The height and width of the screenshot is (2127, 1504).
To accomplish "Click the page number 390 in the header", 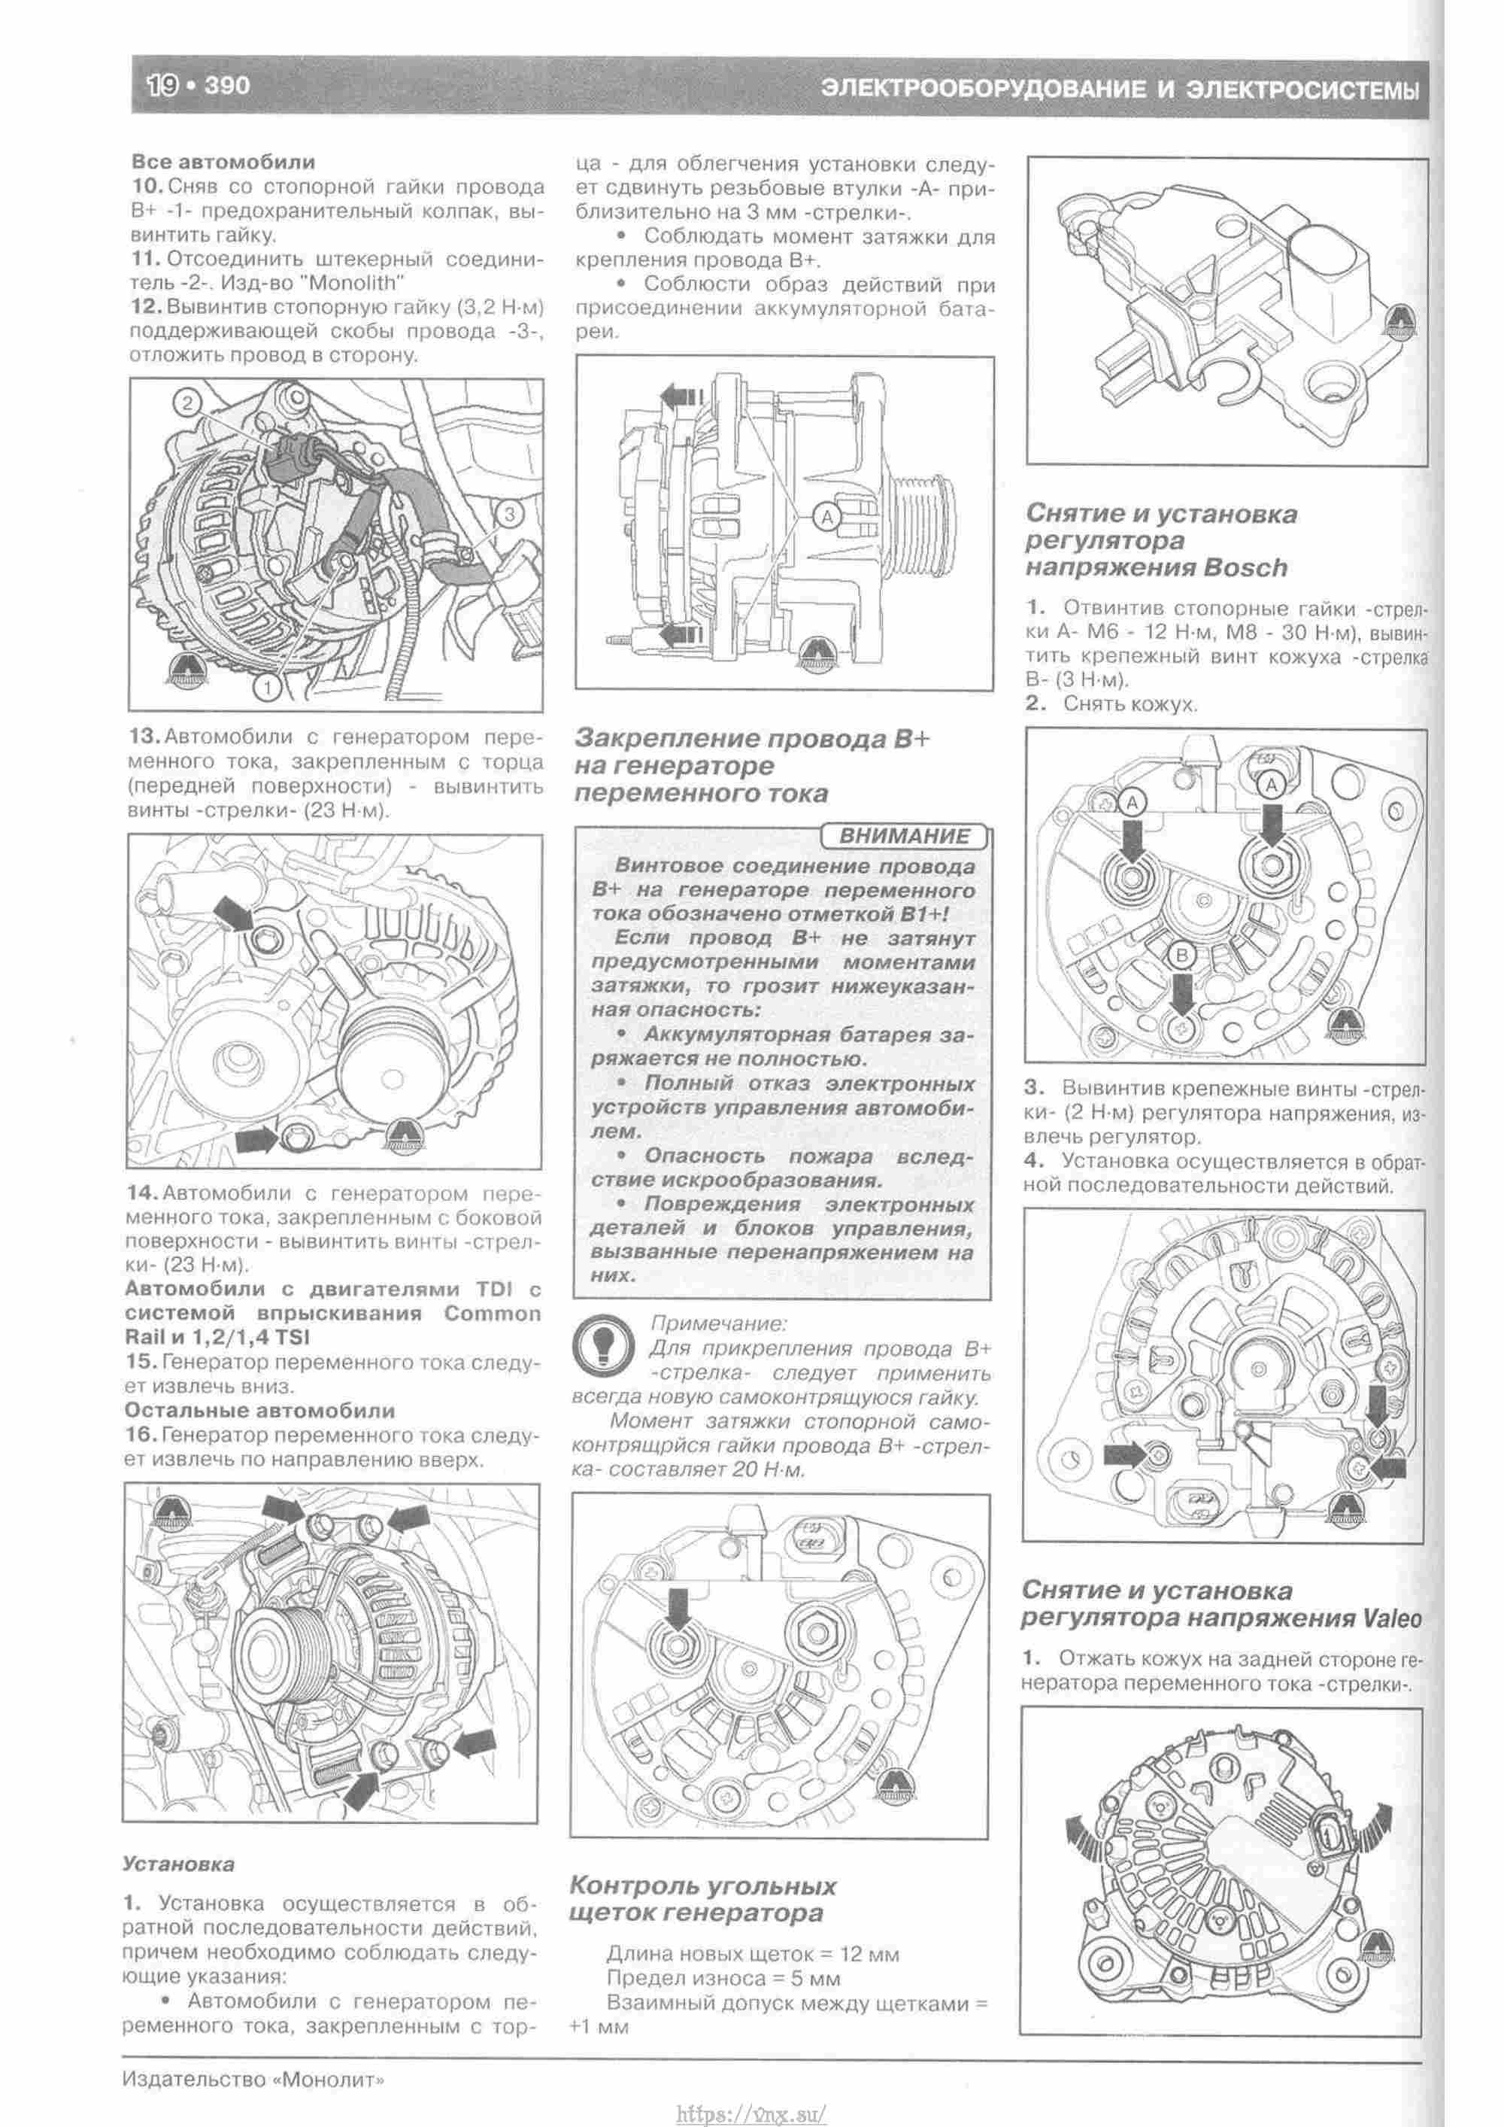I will click(x=227, y=87).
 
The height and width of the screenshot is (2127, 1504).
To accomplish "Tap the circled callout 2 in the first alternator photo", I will click(x=187, y=402).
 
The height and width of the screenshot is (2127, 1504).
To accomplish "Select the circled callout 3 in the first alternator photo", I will click(x=511, y=512).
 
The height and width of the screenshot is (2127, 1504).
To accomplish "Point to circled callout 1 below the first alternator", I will click(x=267, y=686).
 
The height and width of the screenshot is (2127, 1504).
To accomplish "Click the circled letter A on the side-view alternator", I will click(x=827, y=516).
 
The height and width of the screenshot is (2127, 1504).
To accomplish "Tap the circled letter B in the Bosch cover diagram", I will click(x=1181, y=955).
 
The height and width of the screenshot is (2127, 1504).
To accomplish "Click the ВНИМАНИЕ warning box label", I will click(x=904, y=836).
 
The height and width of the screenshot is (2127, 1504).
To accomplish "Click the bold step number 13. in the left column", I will click(x=144, y=737).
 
